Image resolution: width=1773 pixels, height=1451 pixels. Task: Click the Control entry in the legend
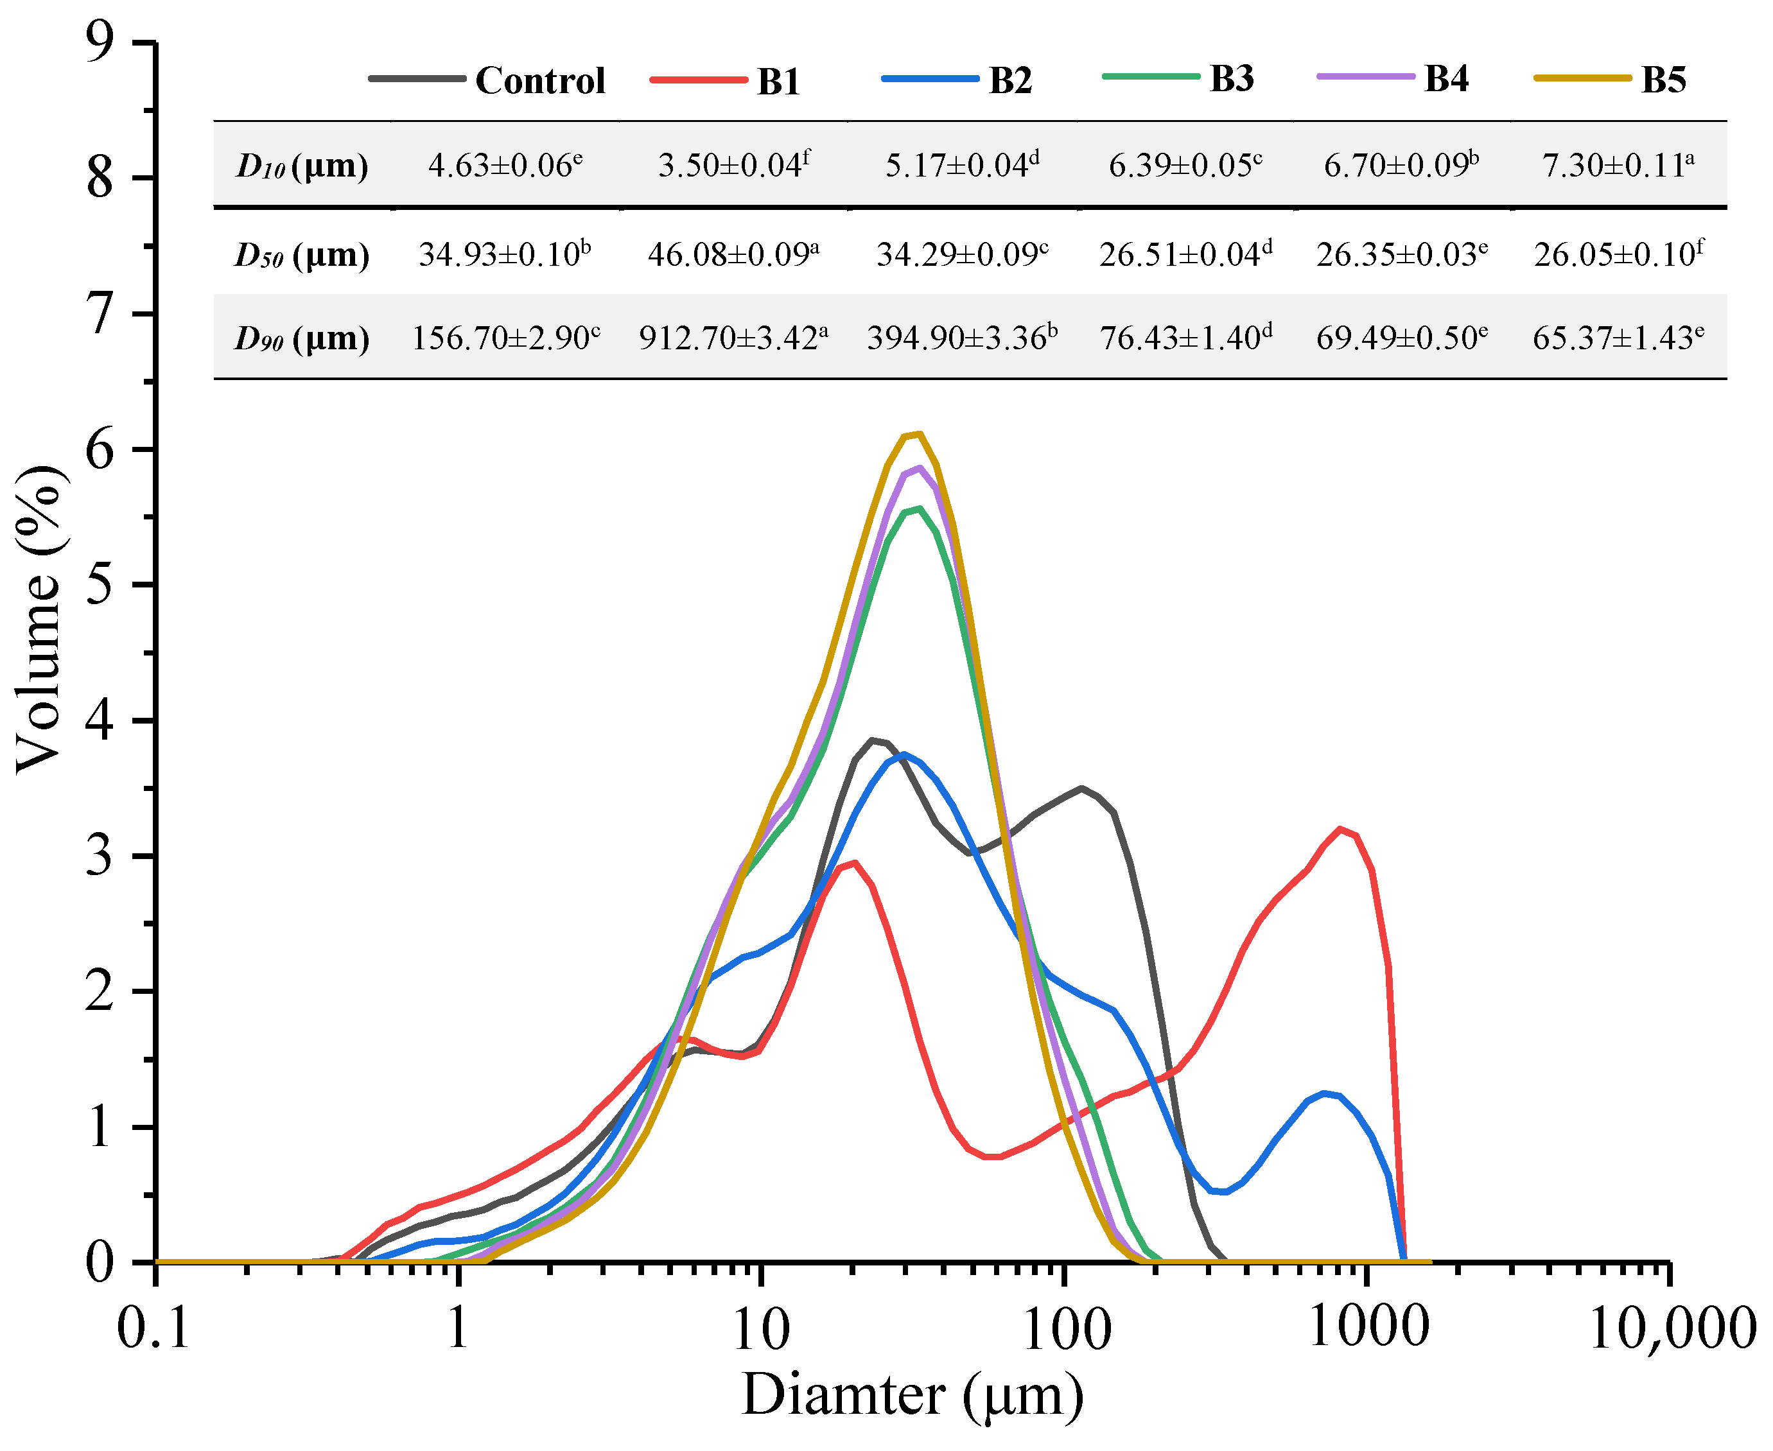click(x=539, y=80)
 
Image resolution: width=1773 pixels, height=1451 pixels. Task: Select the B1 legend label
click(x=778, y=81)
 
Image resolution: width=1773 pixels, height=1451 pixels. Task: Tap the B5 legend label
click(x=1663, y=80)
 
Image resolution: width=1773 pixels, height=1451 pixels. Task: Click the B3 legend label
click(x=1231, y=78)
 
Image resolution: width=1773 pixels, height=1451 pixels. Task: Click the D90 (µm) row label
click(x=302, y=338)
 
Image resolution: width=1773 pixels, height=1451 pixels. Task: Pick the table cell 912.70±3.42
click(x=733, y=338)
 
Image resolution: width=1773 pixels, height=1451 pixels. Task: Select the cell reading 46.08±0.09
click(x=733, y=253)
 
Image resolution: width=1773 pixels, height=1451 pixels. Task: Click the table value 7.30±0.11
click(x=1618, y=164)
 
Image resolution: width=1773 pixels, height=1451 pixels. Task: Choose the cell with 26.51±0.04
click(x=1185, y=253)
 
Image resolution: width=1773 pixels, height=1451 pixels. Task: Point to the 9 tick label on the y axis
click(x=99, y=42)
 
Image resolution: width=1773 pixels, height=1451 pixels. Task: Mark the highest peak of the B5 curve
click(x=919, y=434)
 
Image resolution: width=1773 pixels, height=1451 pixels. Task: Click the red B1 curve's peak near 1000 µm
click(x=1340, y=829)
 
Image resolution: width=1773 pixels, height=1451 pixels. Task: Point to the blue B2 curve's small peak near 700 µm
click(x=1324, y=1093)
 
